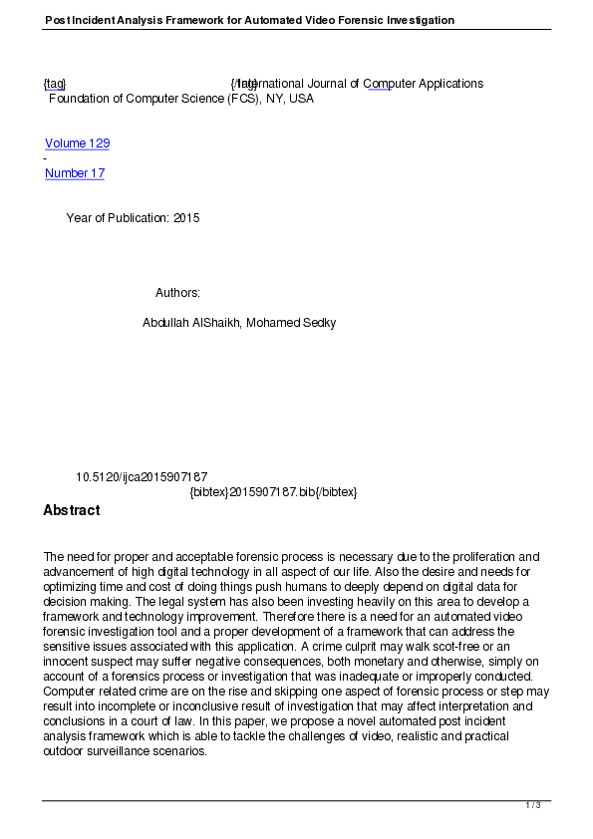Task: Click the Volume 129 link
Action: point(77,143)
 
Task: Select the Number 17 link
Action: point(75,173)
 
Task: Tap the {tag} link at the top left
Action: point(55,84)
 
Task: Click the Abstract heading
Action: point(71,510)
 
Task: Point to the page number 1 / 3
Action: point(533,805)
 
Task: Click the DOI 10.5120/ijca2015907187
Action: point(142,477)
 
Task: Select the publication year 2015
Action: point(186,218)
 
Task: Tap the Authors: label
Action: point(177,293)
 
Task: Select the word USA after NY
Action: point(301,99)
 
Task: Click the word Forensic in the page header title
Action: point(308,20)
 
